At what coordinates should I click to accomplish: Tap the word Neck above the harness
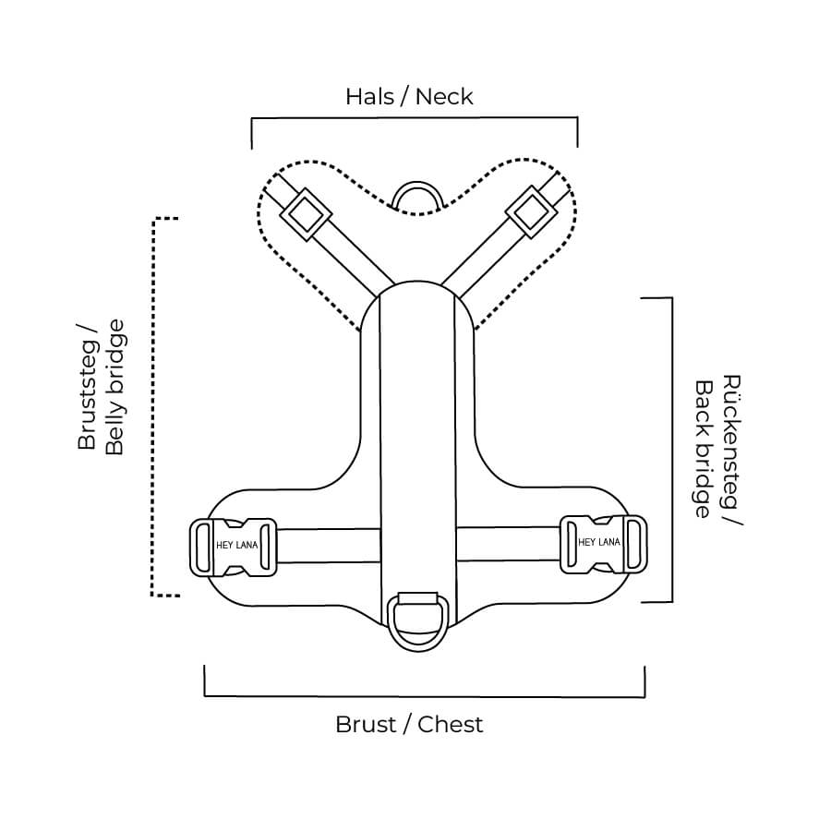[x=444, y=96]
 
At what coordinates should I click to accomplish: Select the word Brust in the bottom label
[x=366, y=724]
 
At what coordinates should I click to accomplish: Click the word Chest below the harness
[x=451, y=724]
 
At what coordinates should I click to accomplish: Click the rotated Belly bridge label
[x=114, y=388]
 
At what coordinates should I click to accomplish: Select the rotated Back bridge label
[x=704, y=450]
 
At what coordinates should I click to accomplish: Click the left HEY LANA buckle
[x=234, y=547]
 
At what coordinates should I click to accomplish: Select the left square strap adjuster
[x=306, y=214]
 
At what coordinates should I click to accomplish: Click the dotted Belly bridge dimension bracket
[x=153, y=406]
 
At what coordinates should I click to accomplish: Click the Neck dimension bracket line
[x=415, y=118]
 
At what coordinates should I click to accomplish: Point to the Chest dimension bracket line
[x=424, y=695]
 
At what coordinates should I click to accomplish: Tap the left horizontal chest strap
[x=328, y=546]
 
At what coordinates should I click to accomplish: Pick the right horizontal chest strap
[x=508, y=544]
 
